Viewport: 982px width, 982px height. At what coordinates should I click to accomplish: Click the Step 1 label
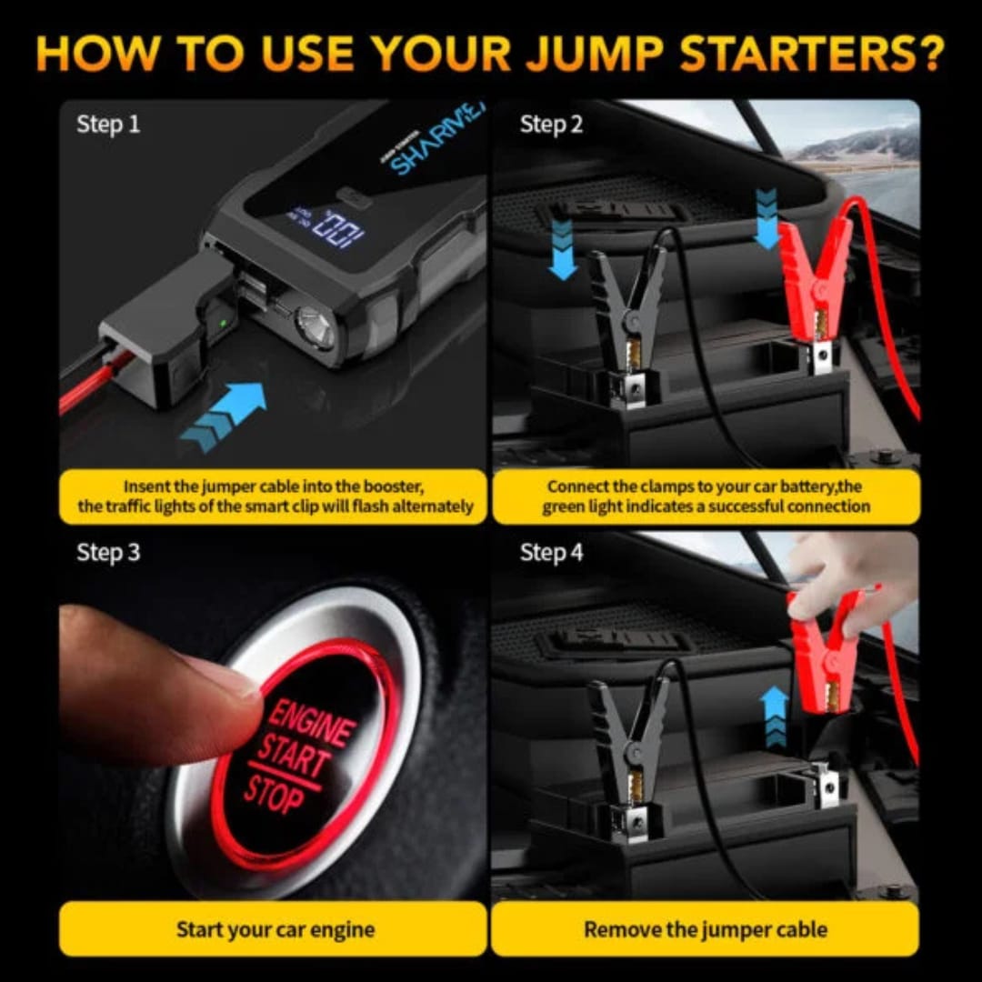click(x=108, y=125)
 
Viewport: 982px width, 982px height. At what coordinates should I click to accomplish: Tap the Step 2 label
click(x=551, y=125)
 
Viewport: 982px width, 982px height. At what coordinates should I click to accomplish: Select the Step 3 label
click(x=108, y=552)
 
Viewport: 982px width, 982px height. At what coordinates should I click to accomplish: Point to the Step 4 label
click(x=551, y=552)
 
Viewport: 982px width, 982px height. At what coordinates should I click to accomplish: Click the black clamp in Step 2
click(x=627, y=309)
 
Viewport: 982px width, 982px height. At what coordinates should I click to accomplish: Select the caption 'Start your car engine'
click(x=275, y=929)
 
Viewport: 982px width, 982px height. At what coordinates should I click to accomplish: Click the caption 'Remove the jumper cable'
click(x=706, y=929)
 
